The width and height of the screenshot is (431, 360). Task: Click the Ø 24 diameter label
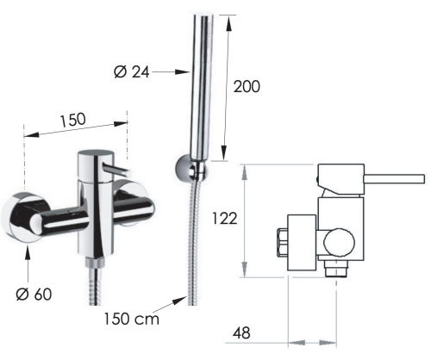[132, 71]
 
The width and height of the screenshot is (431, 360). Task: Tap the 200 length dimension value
[247, 86]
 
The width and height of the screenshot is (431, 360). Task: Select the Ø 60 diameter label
[34, 295]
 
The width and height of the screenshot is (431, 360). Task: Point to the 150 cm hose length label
[131, 319]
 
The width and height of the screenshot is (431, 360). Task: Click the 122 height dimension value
[225, 219]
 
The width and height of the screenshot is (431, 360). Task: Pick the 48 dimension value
[241, 333]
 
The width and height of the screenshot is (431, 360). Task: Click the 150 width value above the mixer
[73, 120]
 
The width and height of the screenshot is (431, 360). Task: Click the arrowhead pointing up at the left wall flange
[28, 253]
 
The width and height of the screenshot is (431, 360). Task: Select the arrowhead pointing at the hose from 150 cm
[179, 301]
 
